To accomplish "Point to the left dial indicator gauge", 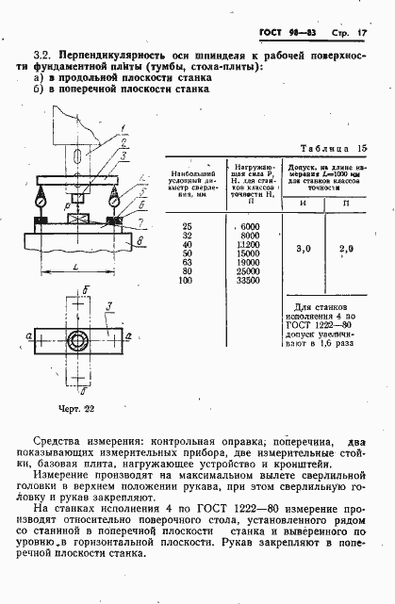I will click(x=43, y=199).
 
